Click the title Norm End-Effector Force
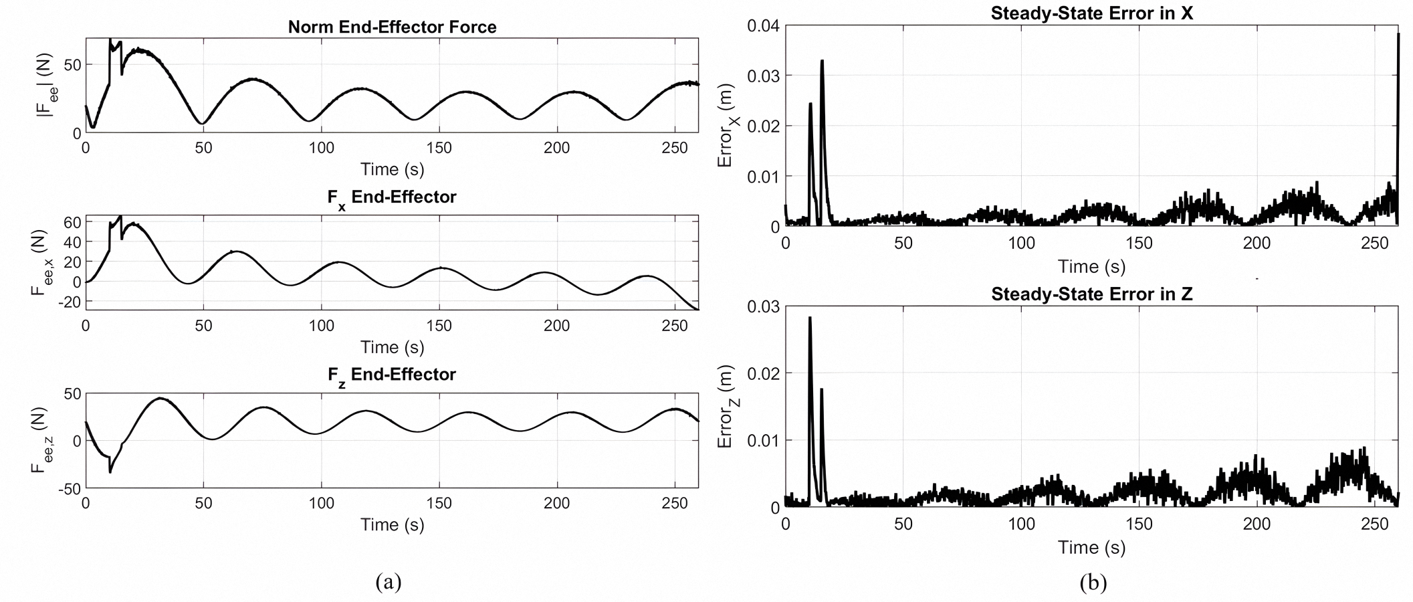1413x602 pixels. click(x=392, y=27)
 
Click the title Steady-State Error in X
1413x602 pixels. click(x=1091, y=13)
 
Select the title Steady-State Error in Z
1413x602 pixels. click(x=1091, y=294)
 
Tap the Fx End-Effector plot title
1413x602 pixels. click(x=392, y=197)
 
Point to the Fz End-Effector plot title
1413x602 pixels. click(x=392, y=375)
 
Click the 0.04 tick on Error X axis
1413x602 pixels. click(x=763, y=26)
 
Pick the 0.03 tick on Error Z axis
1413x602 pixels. click(x=763, y=306)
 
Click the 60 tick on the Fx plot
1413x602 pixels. click(x=72, y=222)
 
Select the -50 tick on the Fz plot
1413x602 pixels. click(x=68, y=488)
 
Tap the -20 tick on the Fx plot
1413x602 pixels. click(x=70, y=302)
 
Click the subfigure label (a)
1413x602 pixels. click(x=389, y=581)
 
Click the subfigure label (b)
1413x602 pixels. click(x=1093, y=583)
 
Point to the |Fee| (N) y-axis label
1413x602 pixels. click(x=47, y=86)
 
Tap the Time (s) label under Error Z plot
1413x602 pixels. click(x=1091, y=548)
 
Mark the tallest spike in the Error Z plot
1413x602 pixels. click(x=810, y=318)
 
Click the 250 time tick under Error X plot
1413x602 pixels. click(x=1374, y=243)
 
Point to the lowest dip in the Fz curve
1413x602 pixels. click(x=110, y=472)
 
